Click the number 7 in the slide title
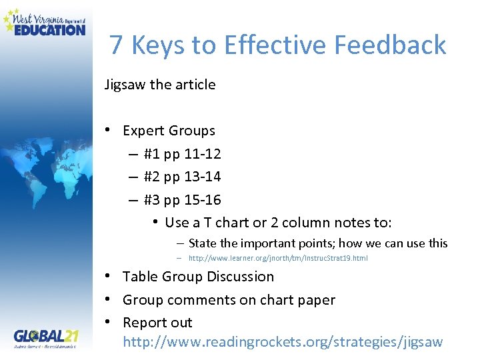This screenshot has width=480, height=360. [x=117, y=45]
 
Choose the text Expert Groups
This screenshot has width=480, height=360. [x=169, y=131]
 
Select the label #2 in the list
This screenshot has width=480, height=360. [x=152, y=177]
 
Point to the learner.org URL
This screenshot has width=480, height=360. [x=277, y=258]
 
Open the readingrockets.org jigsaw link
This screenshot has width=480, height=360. [x=283, y=342]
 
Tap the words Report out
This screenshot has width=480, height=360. [x=157, y=323]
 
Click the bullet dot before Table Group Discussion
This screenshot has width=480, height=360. [x=107, y=277]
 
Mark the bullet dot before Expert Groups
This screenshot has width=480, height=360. [x=107, y=130]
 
